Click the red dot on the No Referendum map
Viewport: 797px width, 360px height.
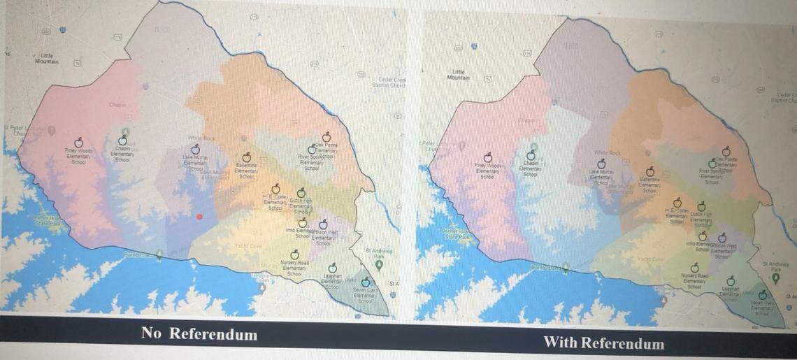pyautogui.click(x=200, y=217)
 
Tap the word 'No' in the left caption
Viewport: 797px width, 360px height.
pyautogui.click(x=151, y=333)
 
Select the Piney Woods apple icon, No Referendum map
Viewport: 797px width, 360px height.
pyautogui.click(x=79, y=143)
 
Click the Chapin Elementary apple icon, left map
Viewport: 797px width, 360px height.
pyautogui.click(x=122, y=141)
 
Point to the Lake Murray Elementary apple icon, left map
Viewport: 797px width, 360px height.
pyautogui.click(x=196, y=149)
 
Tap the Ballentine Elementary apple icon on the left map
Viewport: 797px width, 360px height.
pyautogui.click(x=246, y=158)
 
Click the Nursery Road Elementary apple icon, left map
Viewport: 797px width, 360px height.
pyautogui.click(x=294, y=254)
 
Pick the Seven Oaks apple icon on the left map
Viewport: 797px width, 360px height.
pyautogui.click(x=365, y=282)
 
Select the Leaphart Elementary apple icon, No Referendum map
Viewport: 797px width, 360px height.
pyautogui.click(x=332, y=267)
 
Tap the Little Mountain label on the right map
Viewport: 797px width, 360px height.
pyautogui.click(x=458, y=74)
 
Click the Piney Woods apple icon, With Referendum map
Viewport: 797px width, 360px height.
pyautogui.click(x=487, y=158)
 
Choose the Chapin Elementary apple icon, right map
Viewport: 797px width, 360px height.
pyautogui.click(x=530, y=155)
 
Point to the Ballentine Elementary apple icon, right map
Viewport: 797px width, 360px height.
pyautogui.click(x=649, y=171)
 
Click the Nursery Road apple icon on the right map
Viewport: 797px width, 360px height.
pyautogui.click(x=694, y=268)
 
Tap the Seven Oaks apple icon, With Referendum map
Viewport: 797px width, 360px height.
pyautogui.click(x=762, y=295)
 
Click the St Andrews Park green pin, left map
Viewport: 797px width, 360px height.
pyautogui.click(x=378, y=265)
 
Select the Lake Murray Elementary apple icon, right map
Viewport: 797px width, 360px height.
pyautogui.click(x=601, y=164)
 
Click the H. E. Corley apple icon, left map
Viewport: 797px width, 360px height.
pyautogui.click(x=275, y=189)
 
